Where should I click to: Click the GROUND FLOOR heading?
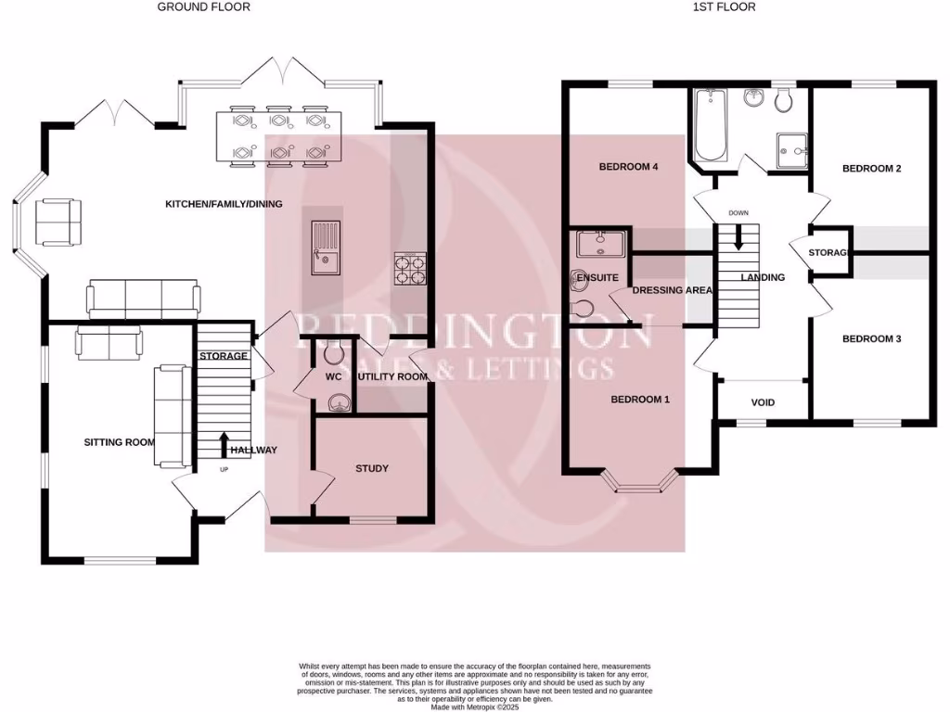pos(203,7)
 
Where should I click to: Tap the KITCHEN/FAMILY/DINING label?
pos(224,204)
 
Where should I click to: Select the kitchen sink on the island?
pos(326,248)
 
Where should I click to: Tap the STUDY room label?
pos(371,468)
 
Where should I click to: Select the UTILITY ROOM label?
pos(394,377)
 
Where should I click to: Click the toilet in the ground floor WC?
pos(334,351)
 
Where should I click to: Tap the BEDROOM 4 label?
pos(628,167)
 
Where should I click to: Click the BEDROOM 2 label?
pos(871,169)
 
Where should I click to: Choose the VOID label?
pos(763,402)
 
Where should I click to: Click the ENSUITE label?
pos(597,277)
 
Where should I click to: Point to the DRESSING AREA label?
pos(673,290)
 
